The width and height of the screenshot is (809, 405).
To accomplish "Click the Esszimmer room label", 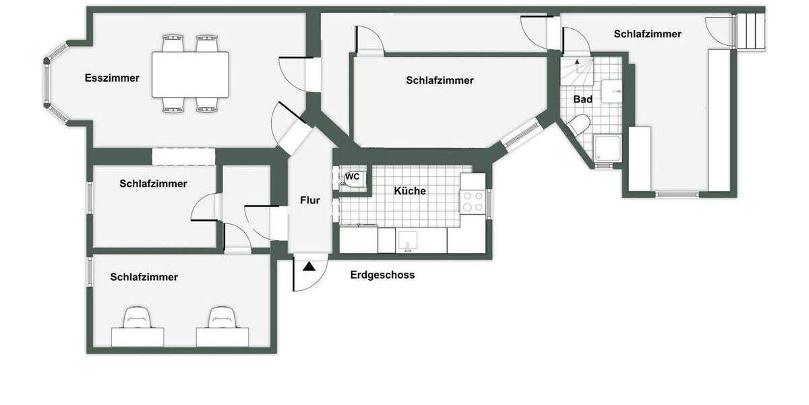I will point(112,78).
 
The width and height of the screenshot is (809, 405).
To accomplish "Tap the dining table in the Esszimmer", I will point(189,75).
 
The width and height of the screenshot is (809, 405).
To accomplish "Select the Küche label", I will point(410,191).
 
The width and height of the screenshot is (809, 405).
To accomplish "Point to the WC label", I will point(353,177).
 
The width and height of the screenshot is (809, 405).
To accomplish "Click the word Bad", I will point(582,99).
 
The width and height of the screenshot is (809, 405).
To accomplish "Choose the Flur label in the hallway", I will point(309,200).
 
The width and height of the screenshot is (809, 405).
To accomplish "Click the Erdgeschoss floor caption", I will point(382,275).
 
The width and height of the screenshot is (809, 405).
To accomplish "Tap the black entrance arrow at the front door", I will point(309,267).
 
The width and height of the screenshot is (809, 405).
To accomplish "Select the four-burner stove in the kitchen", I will point(473,201).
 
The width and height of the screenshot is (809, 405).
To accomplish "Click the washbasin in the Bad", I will point(613,90).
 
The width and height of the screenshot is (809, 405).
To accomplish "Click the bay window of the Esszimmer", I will point(55,83).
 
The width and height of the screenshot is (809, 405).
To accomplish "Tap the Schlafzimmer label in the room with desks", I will point(144,277).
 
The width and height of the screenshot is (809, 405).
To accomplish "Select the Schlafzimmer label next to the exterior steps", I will point(647,34).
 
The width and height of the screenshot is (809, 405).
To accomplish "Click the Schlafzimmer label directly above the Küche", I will point(440,80).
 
